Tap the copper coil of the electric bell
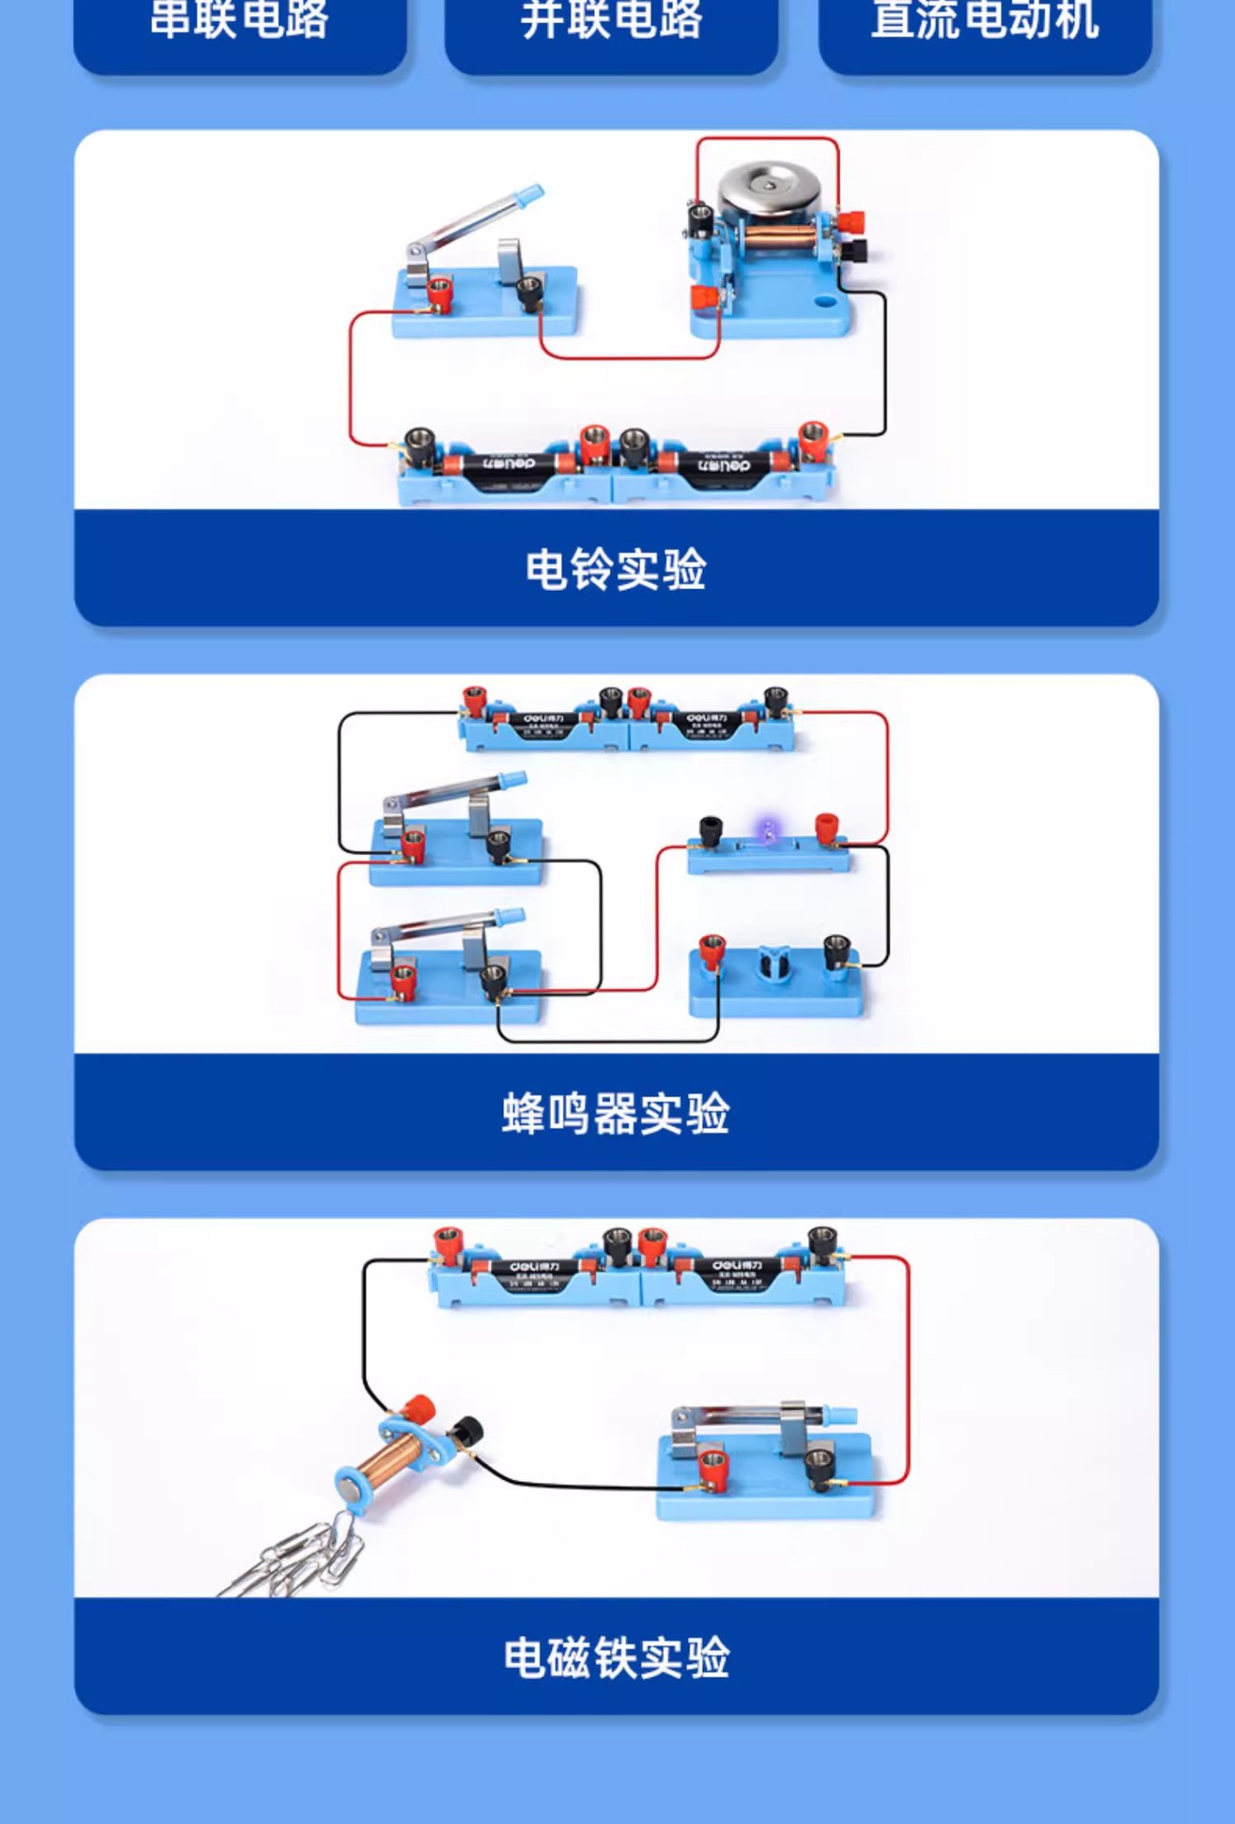(779, 238)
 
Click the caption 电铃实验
(616, 569)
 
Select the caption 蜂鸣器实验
(616, 1113)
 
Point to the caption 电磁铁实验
(616, 1658)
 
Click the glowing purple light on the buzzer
(768, 831)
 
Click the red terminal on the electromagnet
(418, 1407)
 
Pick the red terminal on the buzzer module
(826, 826)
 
